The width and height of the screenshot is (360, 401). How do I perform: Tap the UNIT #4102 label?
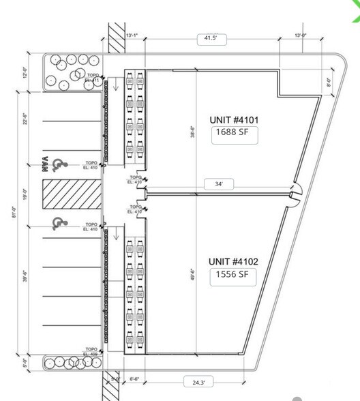point(232,261)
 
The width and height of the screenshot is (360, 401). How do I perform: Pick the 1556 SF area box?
point(232,276)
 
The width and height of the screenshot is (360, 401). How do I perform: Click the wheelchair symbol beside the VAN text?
point(59,164)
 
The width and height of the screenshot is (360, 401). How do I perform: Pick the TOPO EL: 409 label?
point(91,353)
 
